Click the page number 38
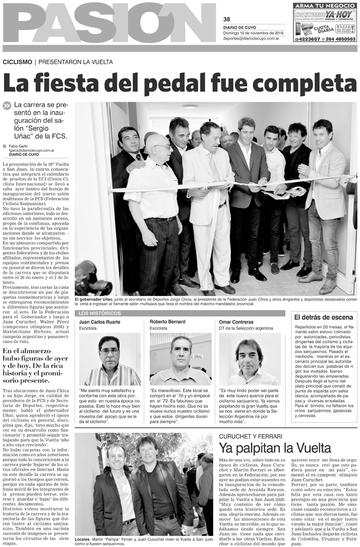[x=226, y=20]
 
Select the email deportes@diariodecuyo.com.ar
[x=252, y=38]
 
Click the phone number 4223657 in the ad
[x=307, y=39]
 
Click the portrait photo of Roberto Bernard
[x=180, y=359]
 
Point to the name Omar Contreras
[x=236, y=323]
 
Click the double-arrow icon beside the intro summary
[x=7, y=106]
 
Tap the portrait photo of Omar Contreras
[x=249, y=359]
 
